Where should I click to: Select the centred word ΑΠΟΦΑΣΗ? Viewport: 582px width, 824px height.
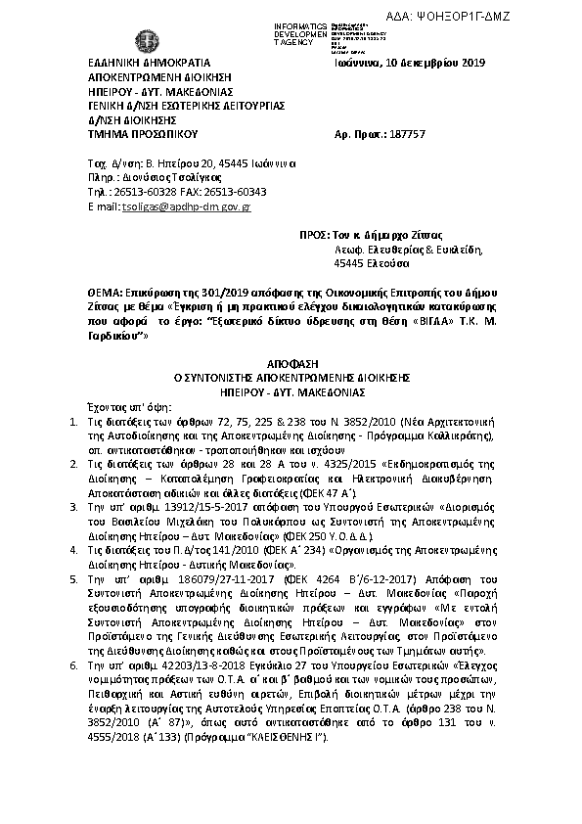click(291, 362)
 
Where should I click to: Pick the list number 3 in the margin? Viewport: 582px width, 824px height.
click(65, 508)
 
